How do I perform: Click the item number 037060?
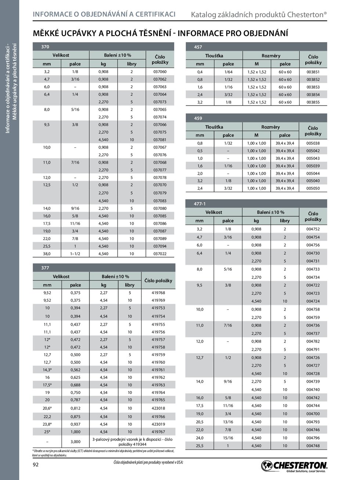click(159, 72)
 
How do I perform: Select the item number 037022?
click(159, 254)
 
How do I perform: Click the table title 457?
click(198, 47)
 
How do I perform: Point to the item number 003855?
click(313, 102)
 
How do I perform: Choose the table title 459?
click(198, 118)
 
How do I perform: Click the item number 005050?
click(313, 189)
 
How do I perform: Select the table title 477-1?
click(200, 204)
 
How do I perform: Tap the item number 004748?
click(313, 446)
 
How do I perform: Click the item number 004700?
click(313, 413)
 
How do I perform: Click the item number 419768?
click(158, 293)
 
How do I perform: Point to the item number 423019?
click(158, 424)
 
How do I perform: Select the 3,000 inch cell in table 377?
click(75, 441)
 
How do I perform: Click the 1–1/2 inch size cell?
click(75, 254)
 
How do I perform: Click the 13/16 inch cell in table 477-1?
click(228, 422)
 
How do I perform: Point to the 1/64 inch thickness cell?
click(228, 72)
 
